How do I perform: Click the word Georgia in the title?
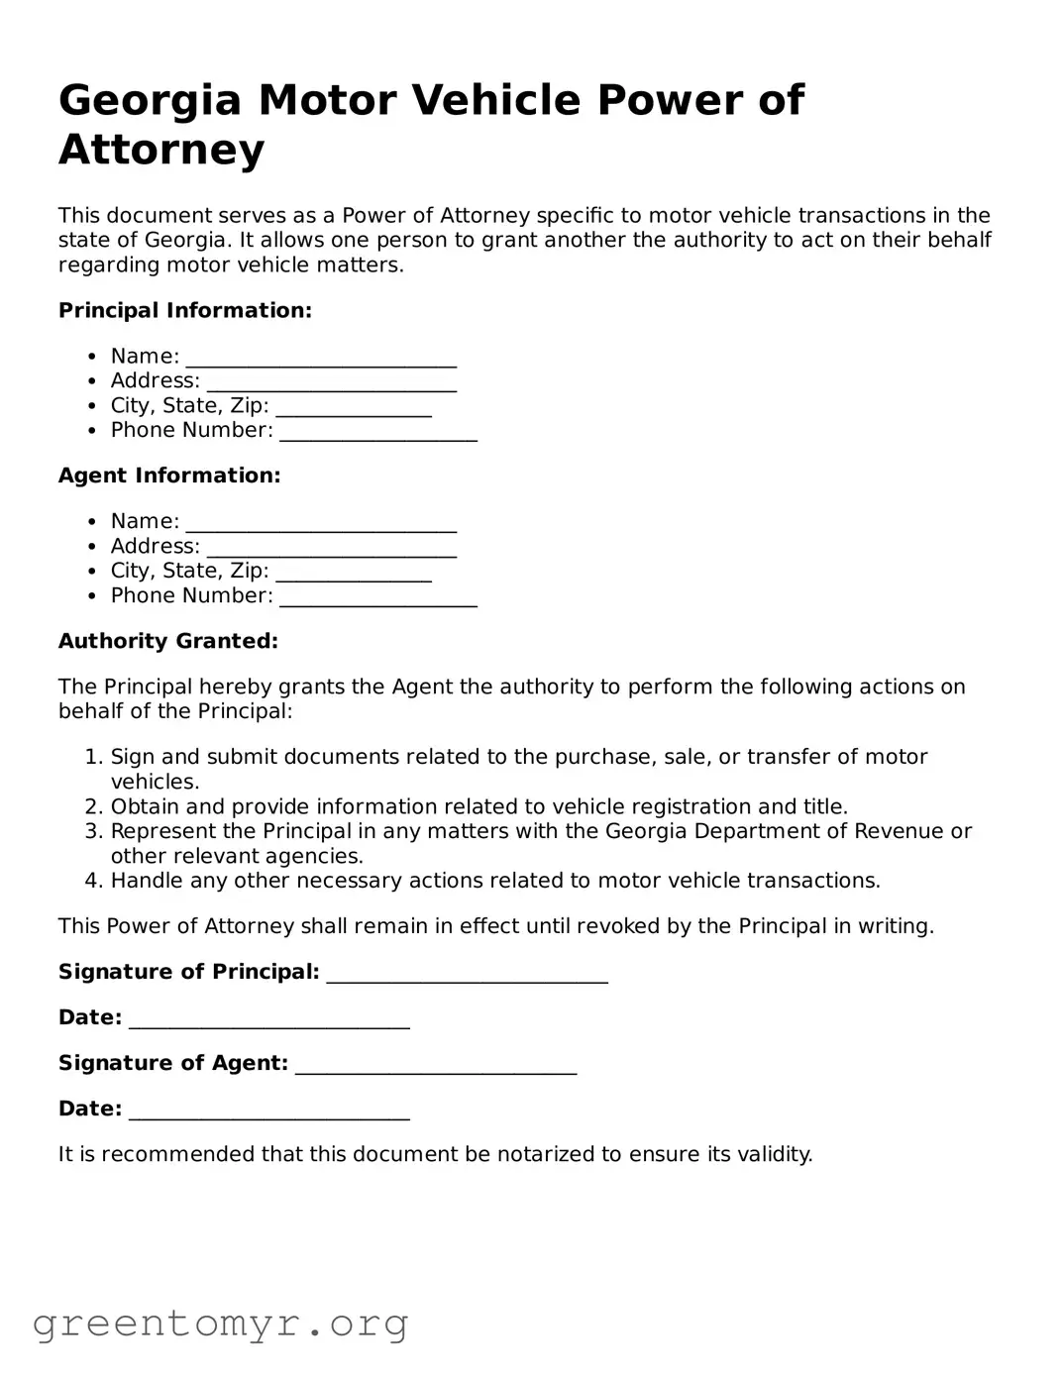150,101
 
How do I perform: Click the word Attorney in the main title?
161,151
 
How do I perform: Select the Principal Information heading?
185,311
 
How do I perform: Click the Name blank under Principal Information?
321,358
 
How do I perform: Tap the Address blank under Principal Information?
332,382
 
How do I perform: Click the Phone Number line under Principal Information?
378,432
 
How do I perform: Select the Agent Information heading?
169,476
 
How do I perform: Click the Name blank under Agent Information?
321,523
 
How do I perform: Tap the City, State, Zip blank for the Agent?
354,573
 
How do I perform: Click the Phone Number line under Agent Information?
378,597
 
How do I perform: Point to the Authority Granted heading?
168,642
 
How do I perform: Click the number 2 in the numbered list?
92,807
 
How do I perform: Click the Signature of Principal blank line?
467,974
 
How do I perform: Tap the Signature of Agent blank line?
436,1065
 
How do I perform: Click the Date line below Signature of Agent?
269,1111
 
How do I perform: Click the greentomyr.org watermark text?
220,1323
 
